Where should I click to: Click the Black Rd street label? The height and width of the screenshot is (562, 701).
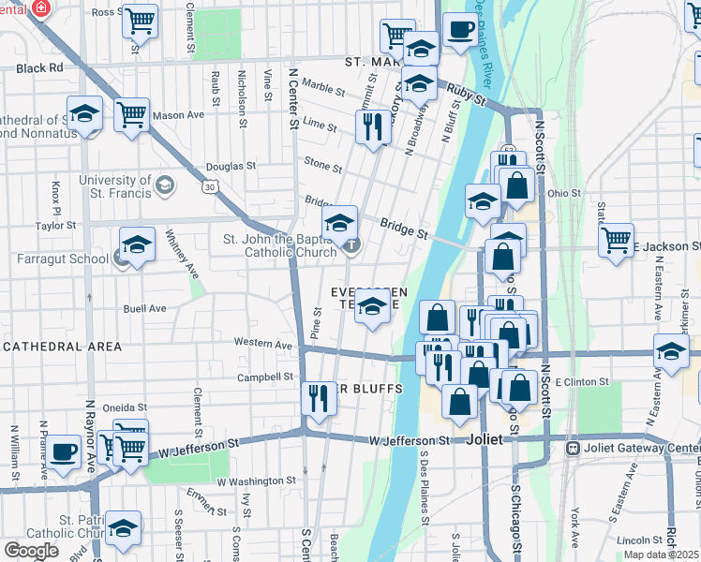(39, 68)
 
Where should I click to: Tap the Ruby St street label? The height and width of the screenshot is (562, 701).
(466, 95)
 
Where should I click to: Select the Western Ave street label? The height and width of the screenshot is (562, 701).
(263, 344)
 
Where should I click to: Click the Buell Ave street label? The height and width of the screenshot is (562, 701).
(144, 308)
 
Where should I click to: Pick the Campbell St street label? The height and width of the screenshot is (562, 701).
(265, 377)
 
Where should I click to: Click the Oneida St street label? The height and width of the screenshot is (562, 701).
(125, 407)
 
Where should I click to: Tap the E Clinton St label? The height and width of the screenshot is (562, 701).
(582, 382)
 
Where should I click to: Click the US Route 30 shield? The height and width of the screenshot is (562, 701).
(211, 187)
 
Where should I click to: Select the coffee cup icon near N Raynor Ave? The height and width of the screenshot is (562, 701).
(66, 451)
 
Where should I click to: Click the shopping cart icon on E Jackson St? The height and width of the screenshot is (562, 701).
(616, 239)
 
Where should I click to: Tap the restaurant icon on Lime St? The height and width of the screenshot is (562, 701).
(374, 126)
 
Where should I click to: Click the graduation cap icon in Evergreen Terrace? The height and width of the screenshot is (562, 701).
(373, 305)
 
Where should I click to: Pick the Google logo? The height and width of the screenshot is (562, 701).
(31, 551)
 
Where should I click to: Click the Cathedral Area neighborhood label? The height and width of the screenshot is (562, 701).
(62, 347)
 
